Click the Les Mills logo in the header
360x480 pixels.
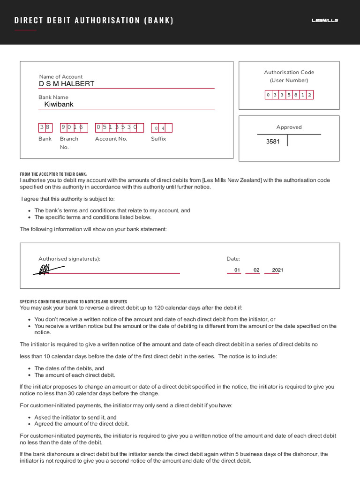pyautogui.click(x=325, y=20)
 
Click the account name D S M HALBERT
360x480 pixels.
pyautogui.click(x=67, y=84)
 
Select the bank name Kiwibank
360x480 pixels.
pyautogui.click(x=59, y=105)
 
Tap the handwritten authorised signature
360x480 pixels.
pyautogui.click(x=48, y=270)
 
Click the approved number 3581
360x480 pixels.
pyautogui.click(x=273, y=142)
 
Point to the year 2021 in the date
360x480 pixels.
pyautogui.click(x=277, y=270)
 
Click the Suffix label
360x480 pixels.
pyautogui.click(x=158, y=139)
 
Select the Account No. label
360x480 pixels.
pyautogui.click(x=111, y=139)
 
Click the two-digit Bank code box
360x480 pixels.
pyautogui.click(x=45, y=127)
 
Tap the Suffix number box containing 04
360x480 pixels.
pyautogui.click(x=161, y=128)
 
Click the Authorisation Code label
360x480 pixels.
pyautogui.click(x=289, y=72)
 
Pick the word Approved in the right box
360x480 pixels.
pyautogui.click(x=289, y=127)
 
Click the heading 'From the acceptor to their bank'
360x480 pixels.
pyautogui.click(x=53, y=174)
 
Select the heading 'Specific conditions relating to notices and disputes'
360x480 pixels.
pyautogui.click(x=73, y=301)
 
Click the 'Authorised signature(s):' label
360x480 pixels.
pyautogui.click(x=69, y=259)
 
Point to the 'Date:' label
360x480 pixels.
pyautogui.click(x=233, y=259)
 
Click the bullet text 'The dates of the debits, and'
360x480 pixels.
pyautogui.click(x=69, y=368)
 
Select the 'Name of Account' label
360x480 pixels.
pyautogui.click(x=60, y=77)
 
